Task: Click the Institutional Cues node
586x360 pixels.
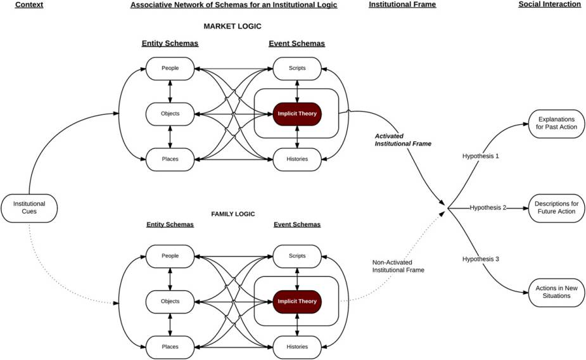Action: click(x=30, y=207)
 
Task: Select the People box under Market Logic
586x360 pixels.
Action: click(x=170, y=68)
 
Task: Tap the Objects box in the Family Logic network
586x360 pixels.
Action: click(x=170, y=301)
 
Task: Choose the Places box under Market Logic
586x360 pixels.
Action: click(x=170, y=159)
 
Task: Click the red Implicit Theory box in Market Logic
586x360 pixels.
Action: click(x=297, y=114)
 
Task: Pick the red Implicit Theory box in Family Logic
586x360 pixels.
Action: click(x=297, y=301)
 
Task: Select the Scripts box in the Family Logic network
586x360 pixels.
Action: click(x=297, y=256)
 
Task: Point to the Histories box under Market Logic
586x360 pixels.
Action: click(x=297, y=159)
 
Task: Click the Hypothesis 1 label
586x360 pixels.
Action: click(x=480, y=155)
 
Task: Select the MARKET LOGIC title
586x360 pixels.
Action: click(x=232, y=26)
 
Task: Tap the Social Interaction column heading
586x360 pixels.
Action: click(x=549, y=5)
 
